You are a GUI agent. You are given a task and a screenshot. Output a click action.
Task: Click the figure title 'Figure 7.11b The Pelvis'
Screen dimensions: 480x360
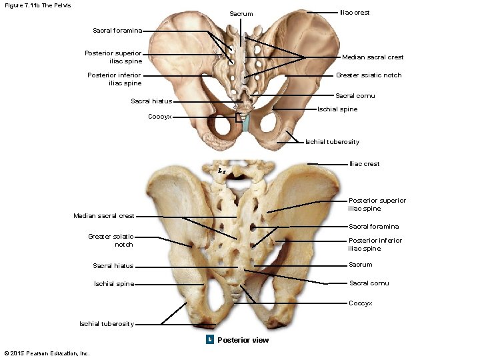[x=37, y=5]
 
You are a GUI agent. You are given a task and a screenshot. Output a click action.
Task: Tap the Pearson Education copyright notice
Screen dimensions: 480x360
[x=47, y=353]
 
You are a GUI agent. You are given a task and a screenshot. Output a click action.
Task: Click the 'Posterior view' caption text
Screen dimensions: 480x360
[x=243, y=340]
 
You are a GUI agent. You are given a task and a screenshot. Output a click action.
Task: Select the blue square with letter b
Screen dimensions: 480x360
[x=209, y=340]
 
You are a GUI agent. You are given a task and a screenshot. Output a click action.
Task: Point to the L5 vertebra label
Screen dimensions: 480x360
[x=221, y=170]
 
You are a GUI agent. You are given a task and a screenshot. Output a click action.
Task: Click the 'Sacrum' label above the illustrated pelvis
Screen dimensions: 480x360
[x=241, y=14]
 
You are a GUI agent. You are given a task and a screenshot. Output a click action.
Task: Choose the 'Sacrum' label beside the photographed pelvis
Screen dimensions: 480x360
[x=361, y=265]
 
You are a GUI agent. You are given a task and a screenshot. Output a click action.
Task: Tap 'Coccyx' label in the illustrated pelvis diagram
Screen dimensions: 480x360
[x=159, y=117]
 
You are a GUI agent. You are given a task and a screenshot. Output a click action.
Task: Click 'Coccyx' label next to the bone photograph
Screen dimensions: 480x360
[x=361, y=303]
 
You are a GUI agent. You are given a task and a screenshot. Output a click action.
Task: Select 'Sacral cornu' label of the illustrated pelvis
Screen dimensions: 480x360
[x=355, y=96]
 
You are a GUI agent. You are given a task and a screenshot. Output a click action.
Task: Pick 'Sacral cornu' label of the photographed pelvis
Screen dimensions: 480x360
[x=369, y=283]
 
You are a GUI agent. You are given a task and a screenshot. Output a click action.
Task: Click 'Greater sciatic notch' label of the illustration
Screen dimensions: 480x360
[x=368, y=75]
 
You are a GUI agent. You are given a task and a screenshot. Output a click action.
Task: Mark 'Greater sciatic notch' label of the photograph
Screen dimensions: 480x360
[x=111, y=240]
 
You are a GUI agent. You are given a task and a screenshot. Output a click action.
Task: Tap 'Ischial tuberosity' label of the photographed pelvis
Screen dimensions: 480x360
[x=106, y=324]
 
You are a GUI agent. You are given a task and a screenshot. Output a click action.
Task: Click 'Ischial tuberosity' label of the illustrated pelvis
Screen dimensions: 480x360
[x=332, y=142]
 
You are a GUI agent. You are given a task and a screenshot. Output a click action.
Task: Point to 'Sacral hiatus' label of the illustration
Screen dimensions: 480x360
[x=151, y=101]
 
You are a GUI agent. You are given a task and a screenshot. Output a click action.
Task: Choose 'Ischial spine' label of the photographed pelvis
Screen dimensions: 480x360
[x=113, y=284]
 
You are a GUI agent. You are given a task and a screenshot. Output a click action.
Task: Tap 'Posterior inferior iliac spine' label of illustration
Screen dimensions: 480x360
[x=115, y=79]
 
